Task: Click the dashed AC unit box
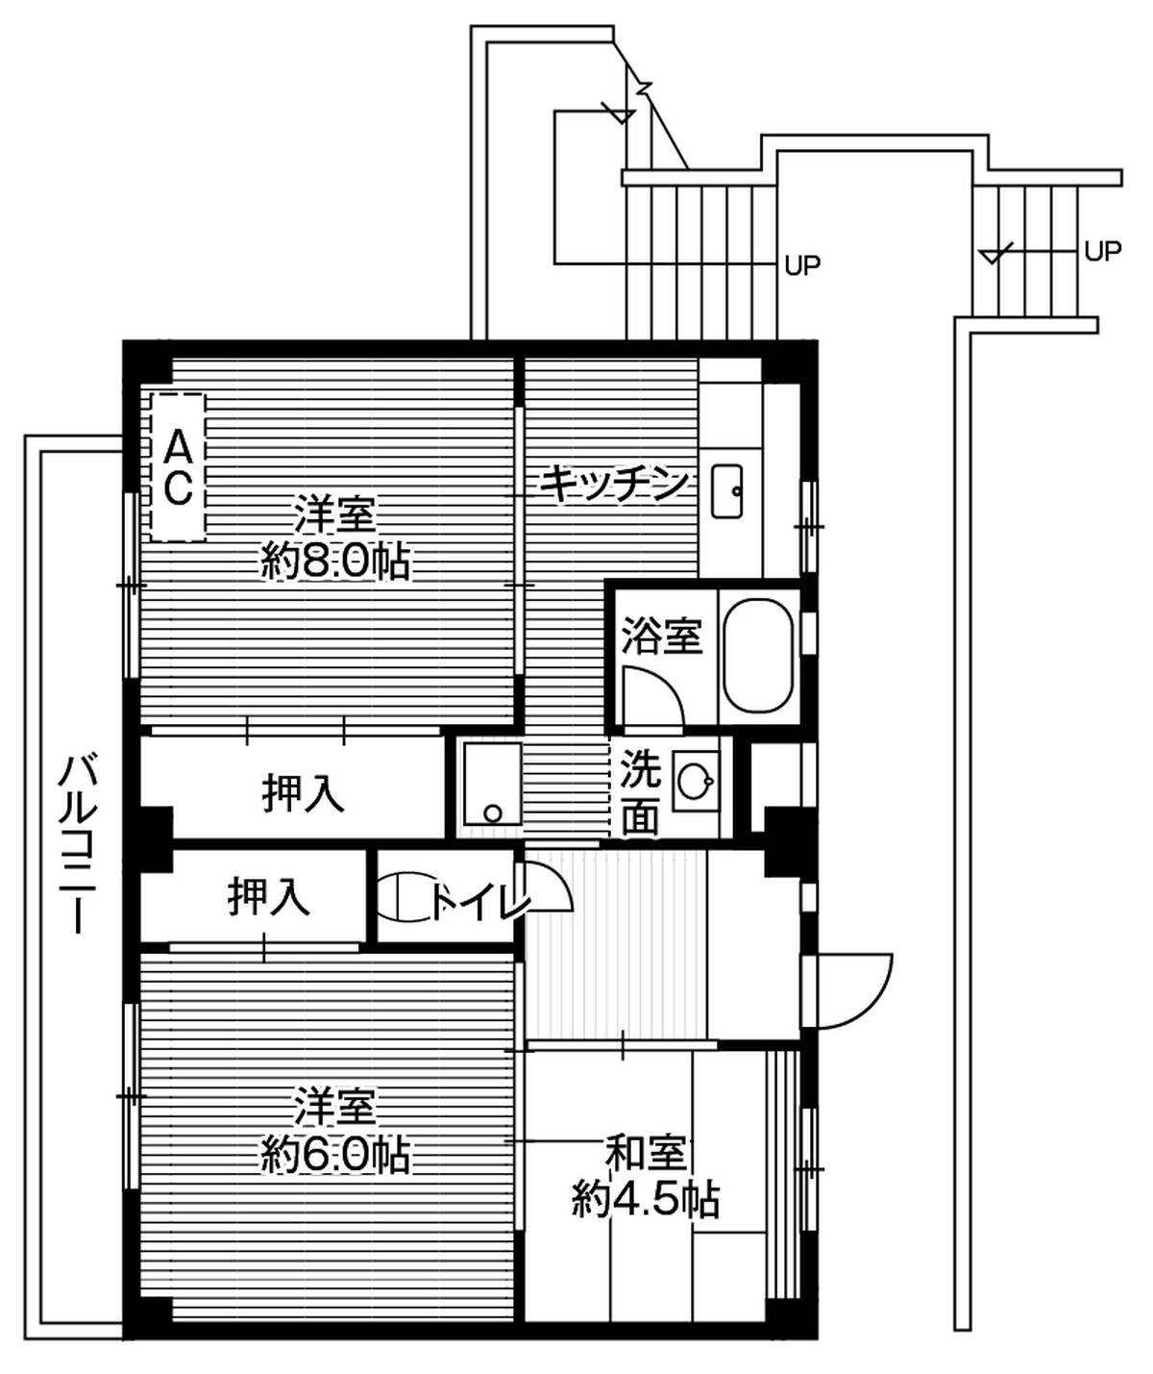coord(178,467)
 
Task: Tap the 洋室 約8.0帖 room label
coord(335,538)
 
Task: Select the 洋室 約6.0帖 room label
coord(335,1130)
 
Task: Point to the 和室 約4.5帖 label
coord(645,1176)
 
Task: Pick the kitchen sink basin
coord(726,490)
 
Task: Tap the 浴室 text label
coord(661,636)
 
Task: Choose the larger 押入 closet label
coord(303,792)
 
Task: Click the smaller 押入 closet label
coord(268,896)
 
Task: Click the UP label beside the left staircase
coord(802,265)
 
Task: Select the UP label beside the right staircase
coord(1102,251)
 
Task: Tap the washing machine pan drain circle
coord(492,812)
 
